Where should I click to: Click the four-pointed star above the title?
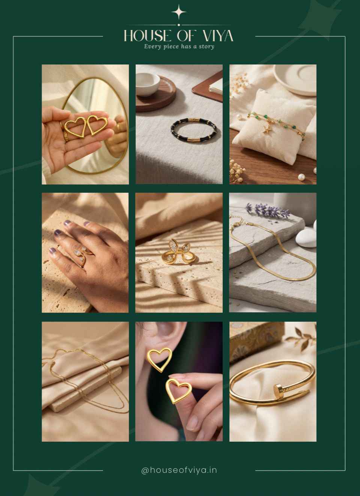click(178, 12)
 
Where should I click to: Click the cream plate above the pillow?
click(295, 80)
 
